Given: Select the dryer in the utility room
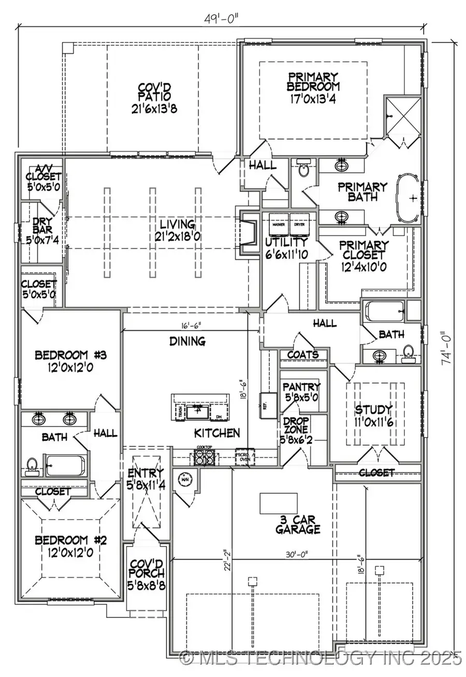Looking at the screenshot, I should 299,220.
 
